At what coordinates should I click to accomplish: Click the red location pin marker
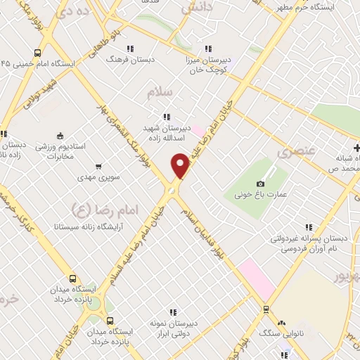[181, 165]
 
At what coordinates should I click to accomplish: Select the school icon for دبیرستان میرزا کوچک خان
[207, 49]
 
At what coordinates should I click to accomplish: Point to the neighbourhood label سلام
[160, 92]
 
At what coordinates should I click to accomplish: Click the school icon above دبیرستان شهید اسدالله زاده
[166, 117]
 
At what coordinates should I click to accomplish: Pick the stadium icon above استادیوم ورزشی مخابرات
[60, 136]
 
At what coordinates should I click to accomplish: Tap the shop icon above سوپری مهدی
[98, 167]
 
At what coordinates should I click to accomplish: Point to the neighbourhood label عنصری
[292, 150]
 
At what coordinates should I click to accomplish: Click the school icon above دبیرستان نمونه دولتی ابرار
[172, 312]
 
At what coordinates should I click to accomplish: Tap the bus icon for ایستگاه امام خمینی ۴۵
[37, 52]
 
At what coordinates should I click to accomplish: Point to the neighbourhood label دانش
[197, 7]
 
